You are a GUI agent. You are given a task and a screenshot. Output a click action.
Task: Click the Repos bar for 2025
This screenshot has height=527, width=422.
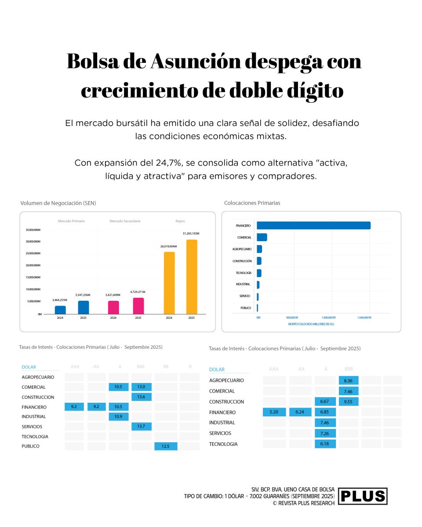[191, 277]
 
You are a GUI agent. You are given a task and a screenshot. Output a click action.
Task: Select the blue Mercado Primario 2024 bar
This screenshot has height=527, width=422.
[60, 310]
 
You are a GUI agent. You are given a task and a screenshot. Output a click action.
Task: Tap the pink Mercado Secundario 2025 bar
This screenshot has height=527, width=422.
[138, 306]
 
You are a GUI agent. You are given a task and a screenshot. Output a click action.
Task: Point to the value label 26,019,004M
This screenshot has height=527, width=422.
[168, 247]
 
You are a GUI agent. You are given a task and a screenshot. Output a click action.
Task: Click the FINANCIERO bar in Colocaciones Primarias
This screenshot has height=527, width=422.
[313, 225]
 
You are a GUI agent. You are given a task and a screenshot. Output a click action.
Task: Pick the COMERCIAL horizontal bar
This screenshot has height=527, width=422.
[262, 237]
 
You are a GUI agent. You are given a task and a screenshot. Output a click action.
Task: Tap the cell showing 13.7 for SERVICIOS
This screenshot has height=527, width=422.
[142, 426]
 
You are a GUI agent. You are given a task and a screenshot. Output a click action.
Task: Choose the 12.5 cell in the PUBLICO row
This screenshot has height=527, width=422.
[166, 446]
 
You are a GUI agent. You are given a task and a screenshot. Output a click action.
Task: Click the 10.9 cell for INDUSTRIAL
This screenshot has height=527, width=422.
[119, 416]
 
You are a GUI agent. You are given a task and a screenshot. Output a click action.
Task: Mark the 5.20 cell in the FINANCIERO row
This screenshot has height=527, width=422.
[274, 412]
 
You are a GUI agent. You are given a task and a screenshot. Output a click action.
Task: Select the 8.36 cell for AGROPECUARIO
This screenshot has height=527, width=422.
[349, 380]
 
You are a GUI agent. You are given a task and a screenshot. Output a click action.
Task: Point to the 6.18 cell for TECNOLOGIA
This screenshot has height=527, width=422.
[325, 444]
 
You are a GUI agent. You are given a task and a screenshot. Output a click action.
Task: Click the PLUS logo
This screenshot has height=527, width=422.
[363, 496]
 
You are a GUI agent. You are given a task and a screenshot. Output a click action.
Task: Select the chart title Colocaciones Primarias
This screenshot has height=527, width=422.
[252, 203]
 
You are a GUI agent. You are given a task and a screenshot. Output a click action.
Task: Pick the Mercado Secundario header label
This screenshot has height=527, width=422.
[125, 221]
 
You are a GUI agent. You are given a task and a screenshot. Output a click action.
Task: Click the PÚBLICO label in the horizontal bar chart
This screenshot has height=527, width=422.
[246, 308]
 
